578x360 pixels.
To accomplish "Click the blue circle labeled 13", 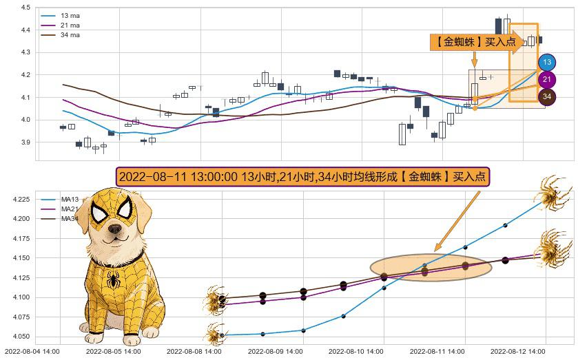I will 547,63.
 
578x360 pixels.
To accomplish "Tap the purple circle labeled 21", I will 547,80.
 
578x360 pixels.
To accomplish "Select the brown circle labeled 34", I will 547,97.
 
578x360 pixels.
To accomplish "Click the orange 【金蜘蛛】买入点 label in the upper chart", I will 473,42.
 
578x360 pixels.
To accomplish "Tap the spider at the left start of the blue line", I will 216,336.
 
